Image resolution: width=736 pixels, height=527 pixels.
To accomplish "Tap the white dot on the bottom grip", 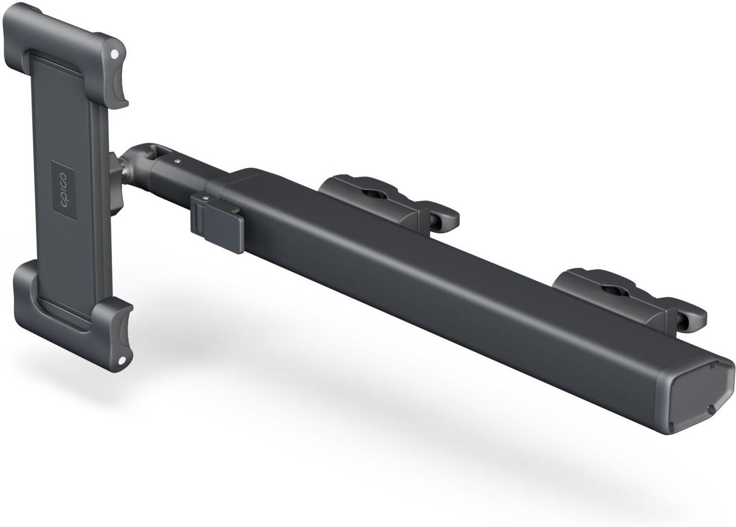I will point(122,360).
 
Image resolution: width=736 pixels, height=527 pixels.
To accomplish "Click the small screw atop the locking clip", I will point(206,198).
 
